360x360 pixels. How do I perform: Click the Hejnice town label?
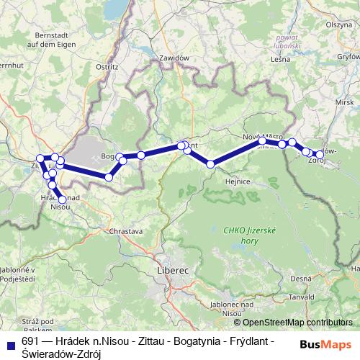click(238, 181)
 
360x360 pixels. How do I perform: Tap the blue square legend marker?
click(9, 343)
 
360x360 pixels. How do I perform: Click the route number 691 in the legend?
click(31, 343)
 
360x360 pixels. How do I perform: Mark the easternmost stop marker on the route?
click(320, 154)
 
